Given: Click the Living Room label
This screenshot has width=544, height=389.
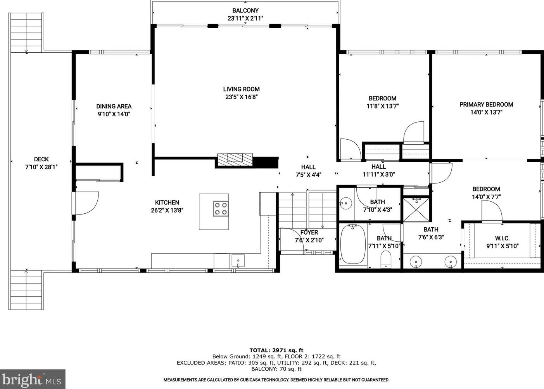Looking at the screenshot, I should point(241,89).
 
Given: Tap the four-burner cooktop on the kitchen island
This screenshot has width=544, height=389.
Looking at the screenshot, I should point(221,209).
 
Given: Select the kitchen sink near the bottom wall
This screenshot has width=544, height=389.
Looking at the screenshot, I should point(238,260).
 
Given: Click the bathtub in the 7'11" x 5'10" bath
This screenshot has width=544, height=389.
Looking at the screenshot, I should point(353,244).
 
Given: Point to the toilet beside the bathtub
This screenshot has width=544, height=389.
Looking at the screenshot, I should point(386,259).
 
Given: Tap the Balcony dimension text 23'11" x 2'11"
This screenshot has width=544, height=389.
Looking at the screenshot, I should point(245,18).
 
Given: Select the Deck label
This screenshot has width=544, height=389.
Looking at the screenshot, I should point(41,159).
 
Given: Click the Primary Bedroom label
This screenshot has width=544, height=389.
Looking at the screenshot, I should point(486,104).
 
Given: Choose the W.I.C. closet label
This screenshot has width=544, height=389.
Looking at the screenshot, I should point(502,238).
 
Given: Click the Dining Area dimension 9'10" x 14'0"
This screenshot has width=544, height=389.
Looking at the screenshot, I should point(114,114).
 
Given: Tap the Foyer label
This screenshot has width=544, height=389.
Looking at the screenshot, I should point(309,232).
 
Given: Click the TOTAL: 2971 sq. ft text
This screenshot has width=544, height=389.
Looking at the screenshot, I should point(276,350).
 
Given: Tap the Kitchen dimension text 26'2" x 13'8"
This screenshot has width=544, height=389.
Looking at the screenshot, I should point(167,210).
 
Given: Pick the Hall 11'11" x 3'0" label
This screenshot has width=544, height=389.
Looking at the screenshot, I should point(378,171).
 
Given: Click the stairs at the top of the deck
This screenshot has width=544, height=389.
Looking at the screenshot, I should point(26,33).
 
